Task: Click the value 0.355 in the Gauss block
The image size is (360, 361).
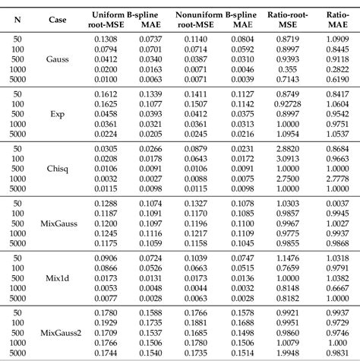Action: [287, 69]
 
